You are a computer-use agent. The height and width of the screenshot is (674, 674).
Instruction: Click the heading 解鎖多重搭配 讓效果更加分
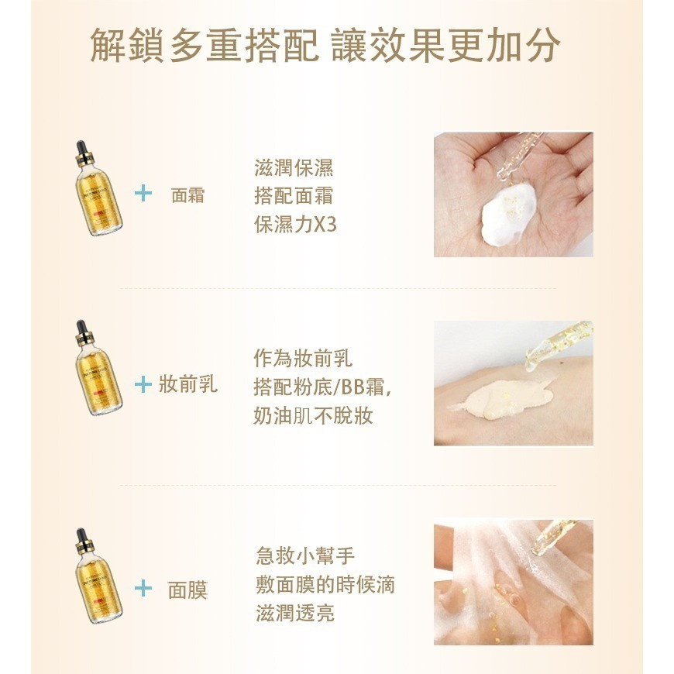[325, 46]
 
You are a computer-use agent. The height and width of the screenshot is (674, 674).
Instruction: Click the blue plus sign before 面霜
[143, 194]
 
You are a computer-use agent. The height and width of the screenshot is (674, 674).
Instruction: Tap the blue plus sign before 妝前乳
[143, 384]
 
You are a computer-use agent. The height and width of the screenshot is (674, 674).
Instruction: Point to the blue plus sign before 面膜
[143, 590]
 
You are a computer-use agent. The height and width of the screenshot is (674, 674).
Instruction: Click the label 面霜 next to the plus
[187, 194]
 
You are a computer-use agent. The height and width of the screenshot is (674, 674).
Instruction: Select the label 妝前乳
[188, 384]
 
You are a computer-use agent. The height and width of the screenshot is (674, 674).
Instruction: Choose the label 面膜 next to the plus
[187, 590]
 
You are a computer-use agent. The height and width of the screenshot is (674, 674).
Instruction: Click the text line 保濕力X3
[295, 225]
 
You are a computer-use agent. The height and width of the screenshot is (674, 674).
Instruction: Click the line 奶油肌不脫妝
[313, 415]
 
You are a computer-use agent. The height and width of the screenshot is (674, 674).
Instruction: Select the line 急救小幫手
[305, 555]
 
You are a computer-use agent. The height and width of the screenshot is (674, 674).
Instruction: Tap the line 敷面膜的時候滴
[325, 584]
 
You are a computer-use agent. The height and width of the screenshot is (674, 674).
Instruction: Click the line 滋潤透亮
[295, 614]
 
